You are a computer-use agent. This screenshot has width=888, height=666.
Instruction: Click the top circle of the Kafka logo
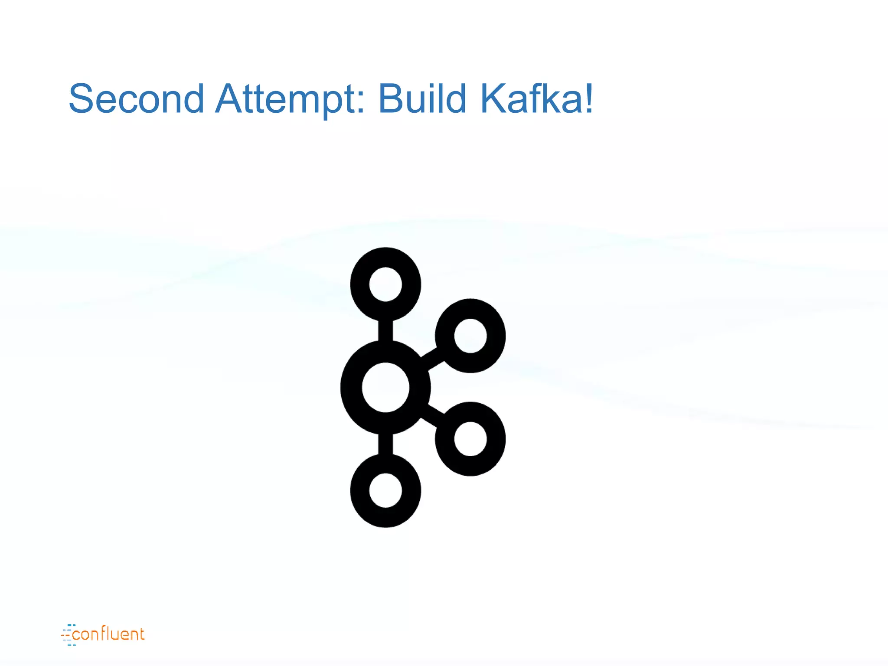(385, 284)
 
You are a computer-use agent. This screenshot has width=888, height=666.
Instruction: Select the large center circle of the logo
(385, 387)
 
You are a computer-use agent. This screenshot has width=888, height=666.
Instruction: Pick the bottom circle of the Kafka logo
(385, 490)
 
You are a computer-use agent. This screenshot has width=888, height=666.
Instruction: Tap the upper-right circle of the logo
(470, 336)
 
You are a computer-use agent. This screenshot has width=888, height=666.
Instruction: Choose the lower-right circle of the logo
(470, 439)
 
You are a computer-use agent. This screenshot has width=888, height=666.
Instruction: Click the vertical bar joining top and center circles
(385, 330)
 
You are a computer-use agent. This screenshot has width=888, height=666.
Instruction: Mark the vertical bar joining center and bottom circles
(385, 444)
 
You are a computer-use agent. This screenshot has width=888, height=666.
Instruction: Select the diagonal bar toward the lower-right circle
(432, 415)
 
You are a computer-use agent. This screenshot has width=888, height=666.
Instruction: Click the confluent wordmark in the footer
(108, 634)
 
